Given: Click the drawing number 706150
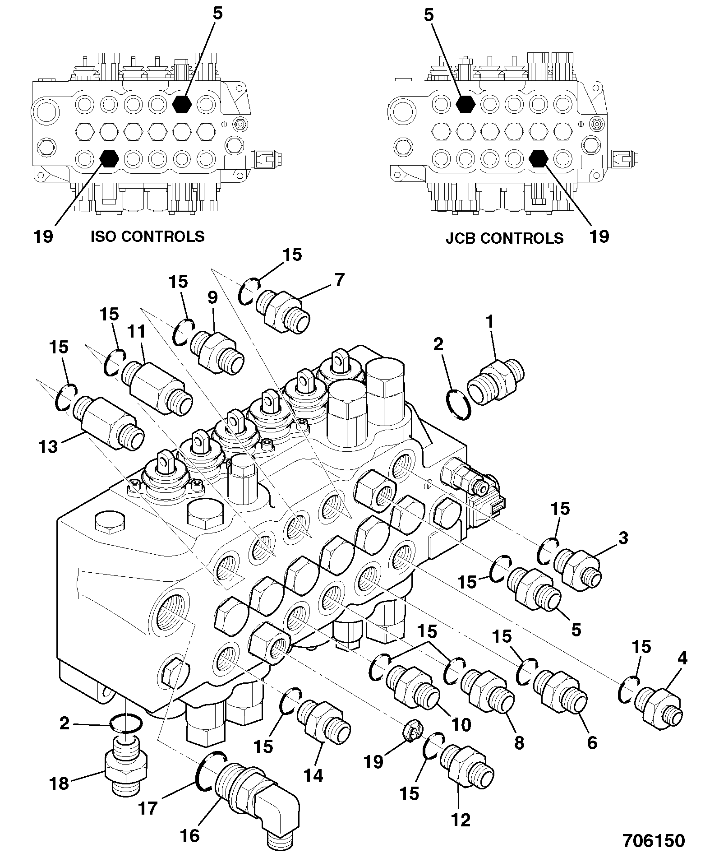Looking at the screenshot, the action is (x=654, y=840).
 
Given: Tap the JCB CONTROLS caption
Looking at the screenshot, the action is (x=505, y=238).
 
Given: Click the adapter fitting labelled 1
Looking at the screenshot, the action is (x=495, y=381).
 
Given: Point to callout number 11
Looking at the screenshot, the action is (x=136, y=331).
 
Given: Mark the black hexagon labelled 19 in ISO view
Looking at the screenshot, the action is (x=109, y=158).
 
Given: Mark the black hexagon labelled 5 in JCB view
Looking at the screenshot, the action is (x=466, y=104).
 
